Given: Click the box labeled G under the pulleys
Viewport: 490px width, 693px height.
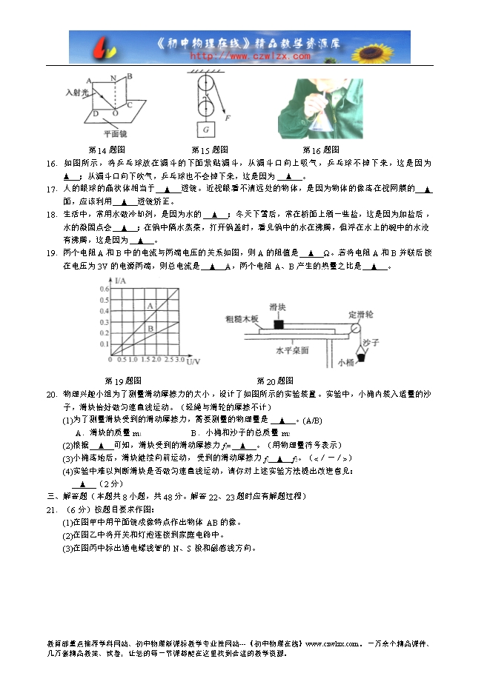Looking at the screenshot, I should tap(205, 130).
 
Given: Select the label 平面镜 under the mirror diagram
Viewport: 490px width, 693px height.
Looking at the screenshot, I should tap(115, 134).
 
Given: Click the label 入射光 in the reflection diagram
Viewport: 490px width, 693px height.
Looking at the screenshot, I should tap(76, 93).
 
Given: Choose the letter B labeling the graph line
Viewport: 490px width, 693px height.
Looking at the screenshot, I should tap(150, 328).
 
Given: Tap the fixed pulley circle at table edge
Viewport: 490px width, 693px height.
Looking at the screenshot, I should tap(355, 328).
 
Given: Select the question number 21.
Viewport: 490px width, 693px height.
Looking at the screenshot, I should tap(51, 510).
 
